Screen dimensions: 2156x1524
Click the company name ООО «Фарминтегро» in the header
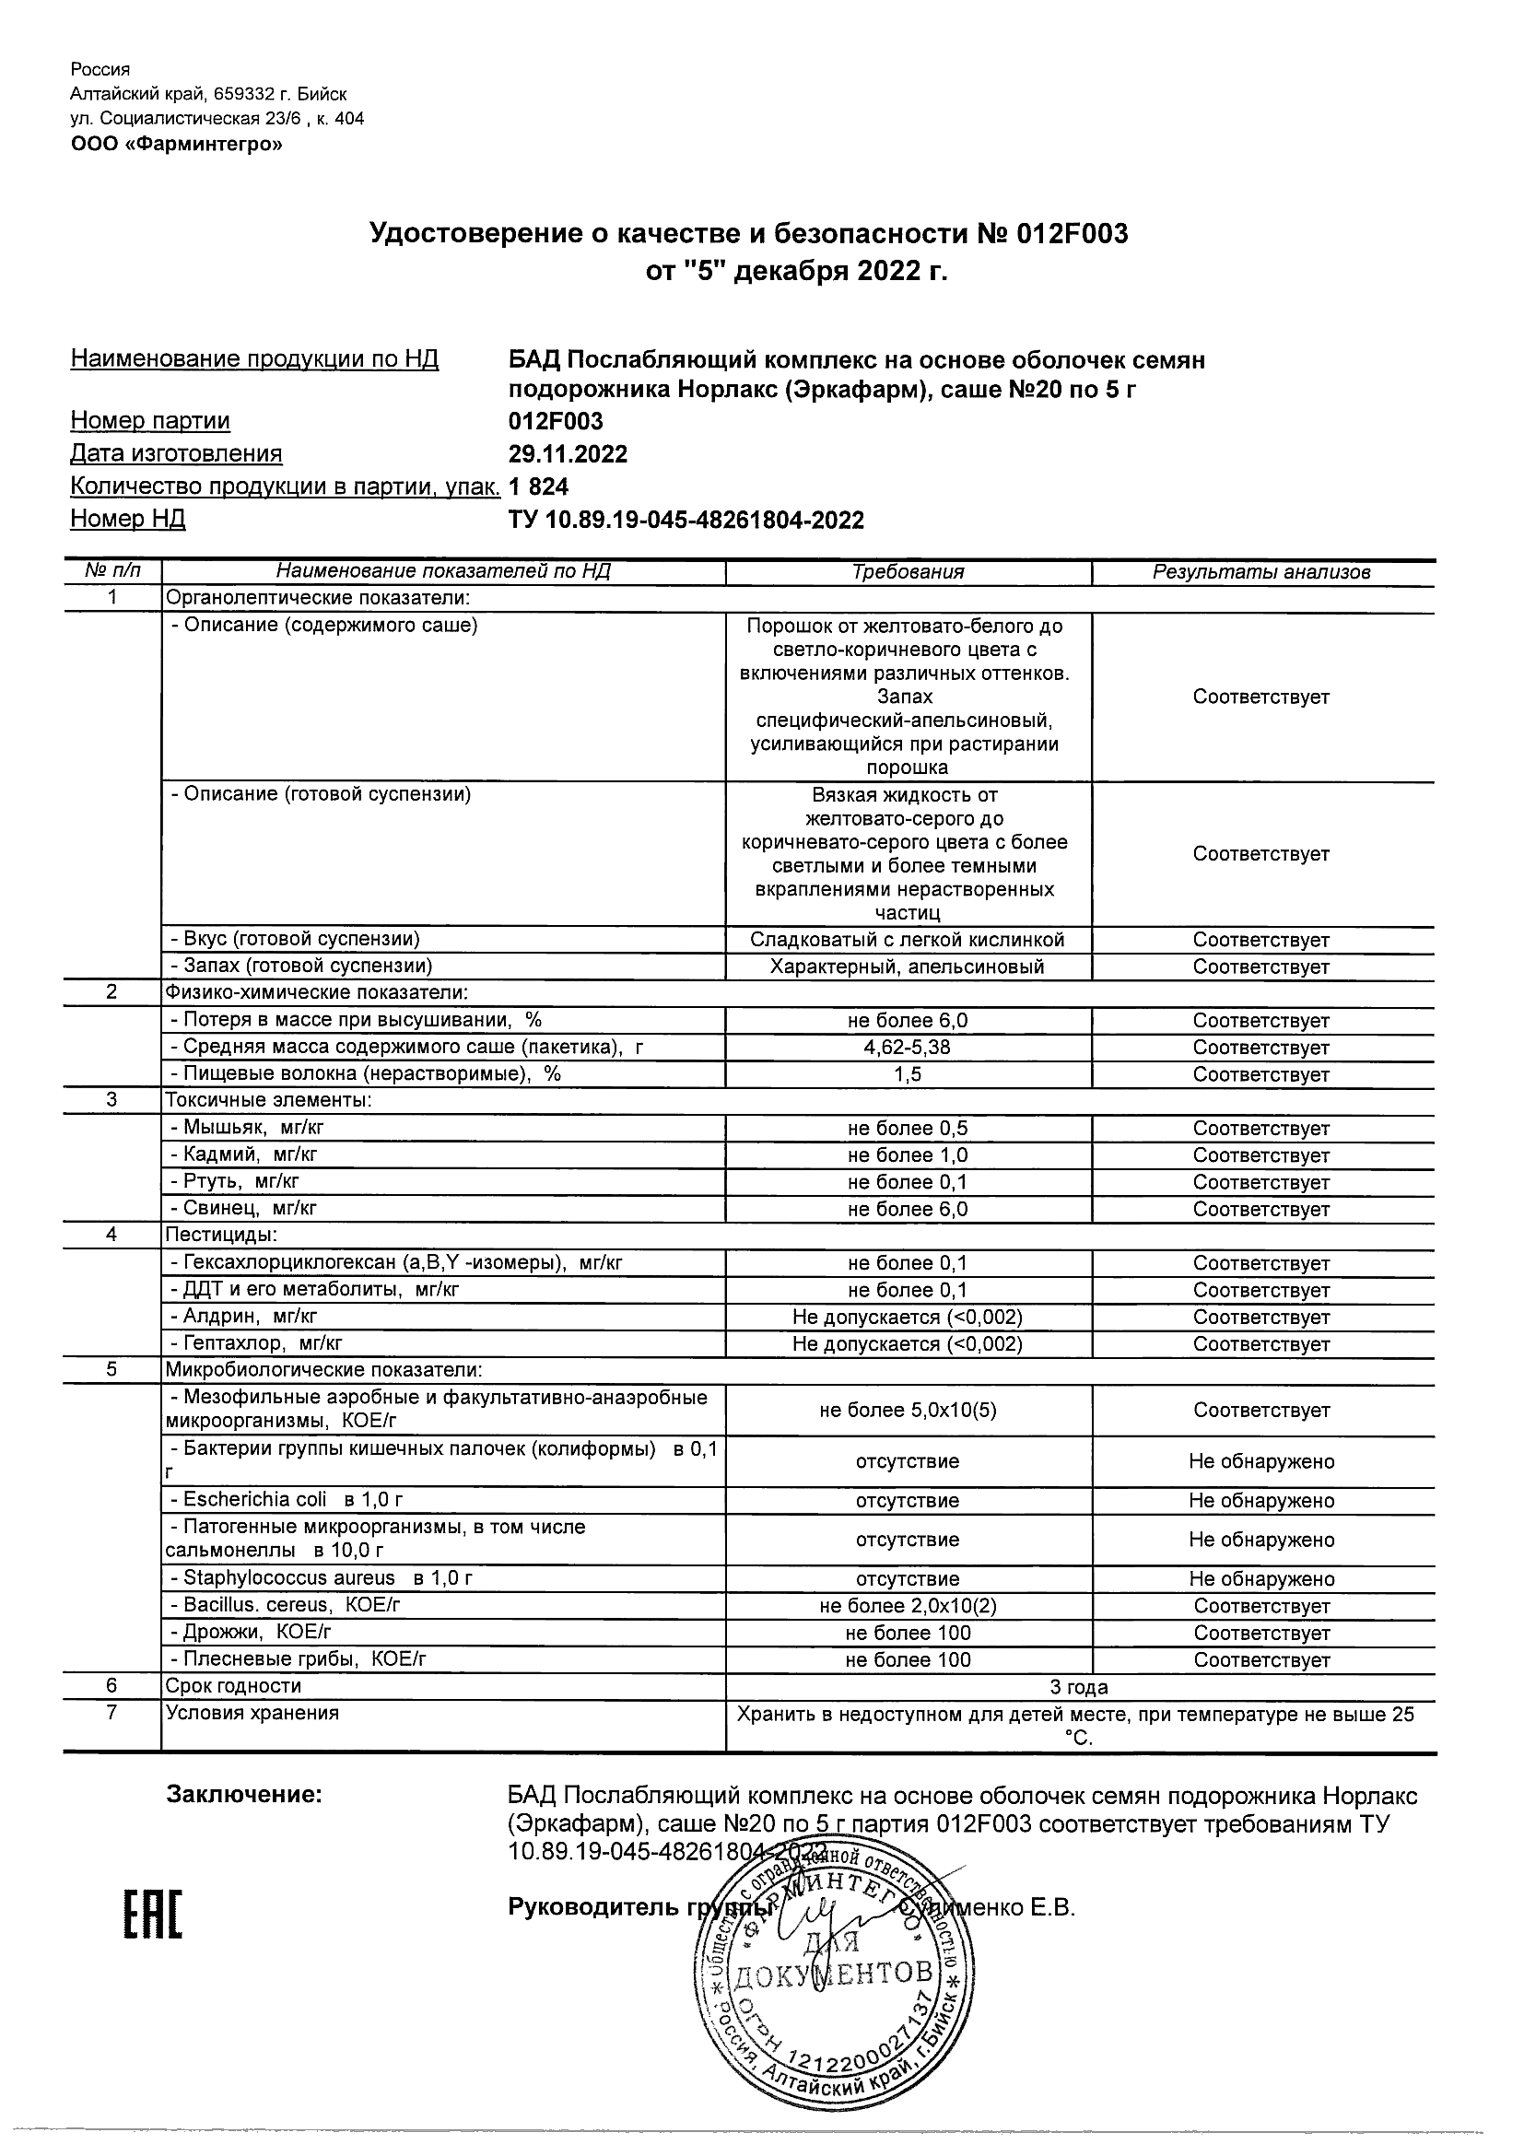(x=176, y=144)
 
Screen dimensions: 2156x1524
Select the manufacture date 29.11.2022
(x=568, y=454)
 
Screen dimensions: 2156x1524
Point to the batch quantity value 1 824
(x=538, y=486)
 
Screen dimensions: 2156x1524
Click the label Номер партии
(x=149, y=421)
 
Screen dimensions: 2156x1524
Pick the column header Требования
(x=907, y=572)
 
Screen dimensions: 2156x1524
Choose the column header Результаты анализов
(x=1261, y=572)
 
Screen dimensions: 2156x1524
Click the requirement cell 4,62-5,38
(x=907, y=1047)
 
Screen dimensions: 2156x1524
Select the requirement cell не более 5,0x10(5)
(x=907, y=1410)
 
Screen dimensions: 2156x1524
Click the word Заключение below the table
(x=244, y=1795)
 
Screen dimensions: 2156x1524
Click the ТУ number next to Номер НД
(x=686, y=521)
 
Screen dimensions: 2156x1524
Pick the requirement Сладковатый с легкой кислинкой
(x=907, y=939)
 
